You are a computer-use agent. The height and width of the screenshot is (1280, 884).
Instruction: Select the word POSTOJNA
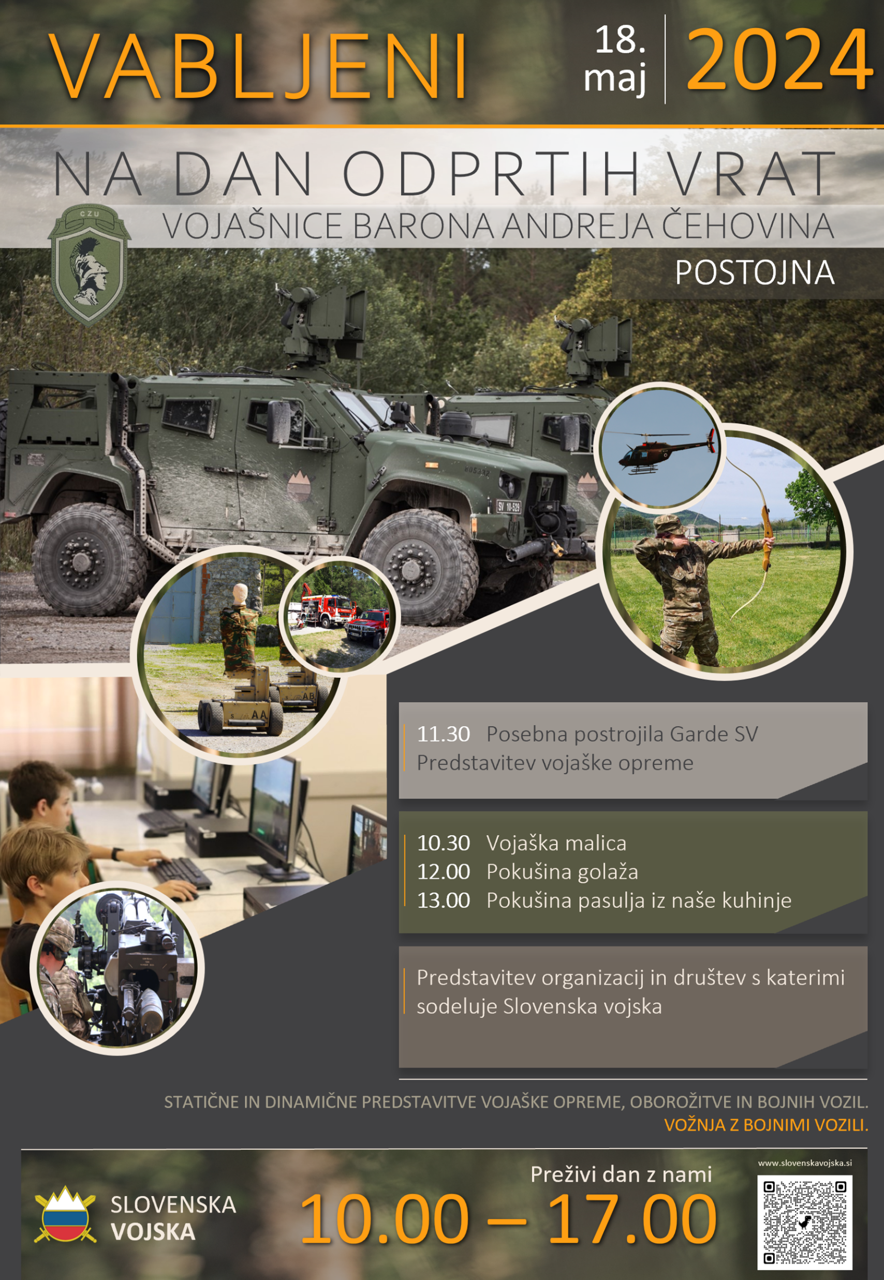(x=755, y=272)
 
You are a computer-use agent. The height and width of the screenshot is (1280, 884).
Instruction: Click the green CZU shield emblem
(x=89, y=264)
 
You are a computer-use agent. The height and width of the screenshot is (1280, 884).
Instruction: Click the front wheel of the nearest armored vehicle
(x=419, y=568)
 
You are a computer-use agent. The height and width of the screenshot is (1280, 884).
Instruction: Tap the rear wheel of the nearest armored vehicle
(x=89, y=559)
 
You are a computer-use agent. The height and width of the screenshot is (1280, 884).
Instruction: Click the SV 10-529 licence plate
(x=508, y=506)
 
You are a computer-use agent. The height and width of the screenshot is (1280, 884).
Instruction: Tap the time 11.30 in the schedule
(x=443, y=734)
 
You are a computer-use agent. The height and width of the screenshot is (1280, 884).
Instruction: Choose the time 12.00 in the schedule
(x=443, y=871)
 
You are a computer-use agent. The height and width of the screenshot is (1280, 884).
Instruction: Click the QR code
(x=804, y=1222)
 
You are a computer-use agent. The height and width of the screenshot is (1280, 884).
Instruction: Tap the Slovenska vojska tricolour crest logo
(x=65, y=1214)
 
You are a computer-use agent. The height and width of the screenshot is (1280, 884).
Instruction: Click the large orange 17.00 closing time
(x=631, y=1219)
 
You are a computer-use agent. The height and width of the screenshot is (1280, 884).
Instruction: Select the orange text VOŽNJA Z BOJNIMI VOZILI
(x=766, y=1125)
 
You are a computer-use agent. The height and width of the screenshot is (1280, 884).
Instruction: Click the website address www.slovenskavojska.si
(x=805, y=1163)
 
